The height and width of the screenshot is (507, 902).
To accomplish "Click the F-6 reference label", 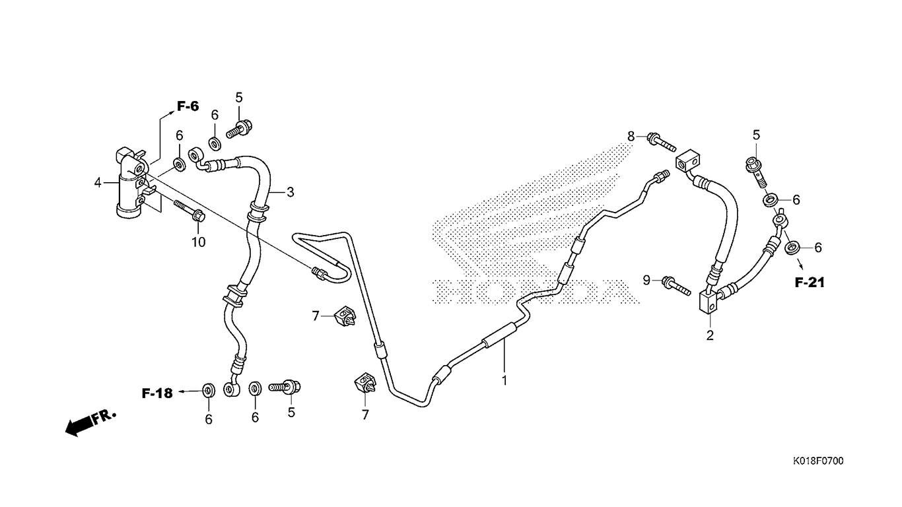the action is [188, 106].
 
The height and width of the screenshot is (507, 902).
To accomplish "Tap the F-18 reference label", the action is [157, 393].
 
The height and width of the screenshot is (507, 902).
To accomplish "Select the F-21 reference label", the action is [810, 283].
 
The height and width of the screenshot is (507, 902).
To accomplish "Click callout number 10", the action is [199, 242].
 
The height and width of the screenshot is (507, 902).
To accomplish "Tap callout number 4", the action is [98, 183].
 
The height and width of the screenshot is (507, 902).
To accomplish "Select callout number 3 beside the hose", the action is [291, 193].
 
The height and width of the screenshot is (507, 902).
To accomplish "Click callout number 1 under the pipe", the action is [504, 380].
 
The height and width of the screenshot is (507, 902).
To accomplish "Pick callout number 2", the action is [710, 335].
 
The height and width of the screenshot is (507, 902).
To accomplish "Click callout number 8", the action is [631, 137].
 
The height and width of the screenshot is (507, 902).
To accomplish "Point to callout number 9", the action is [646, 280].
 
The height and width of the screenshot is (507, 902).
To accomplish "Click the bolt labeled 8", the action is [661, 143].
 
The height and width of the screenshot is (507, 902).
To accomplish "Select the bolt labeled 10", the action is [190, 211].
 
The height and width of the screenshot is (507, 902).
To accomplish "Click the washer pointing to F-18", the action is [209, 391].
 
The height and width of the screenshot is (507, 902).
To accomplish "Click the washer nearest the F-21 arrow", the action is [792, 248].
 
